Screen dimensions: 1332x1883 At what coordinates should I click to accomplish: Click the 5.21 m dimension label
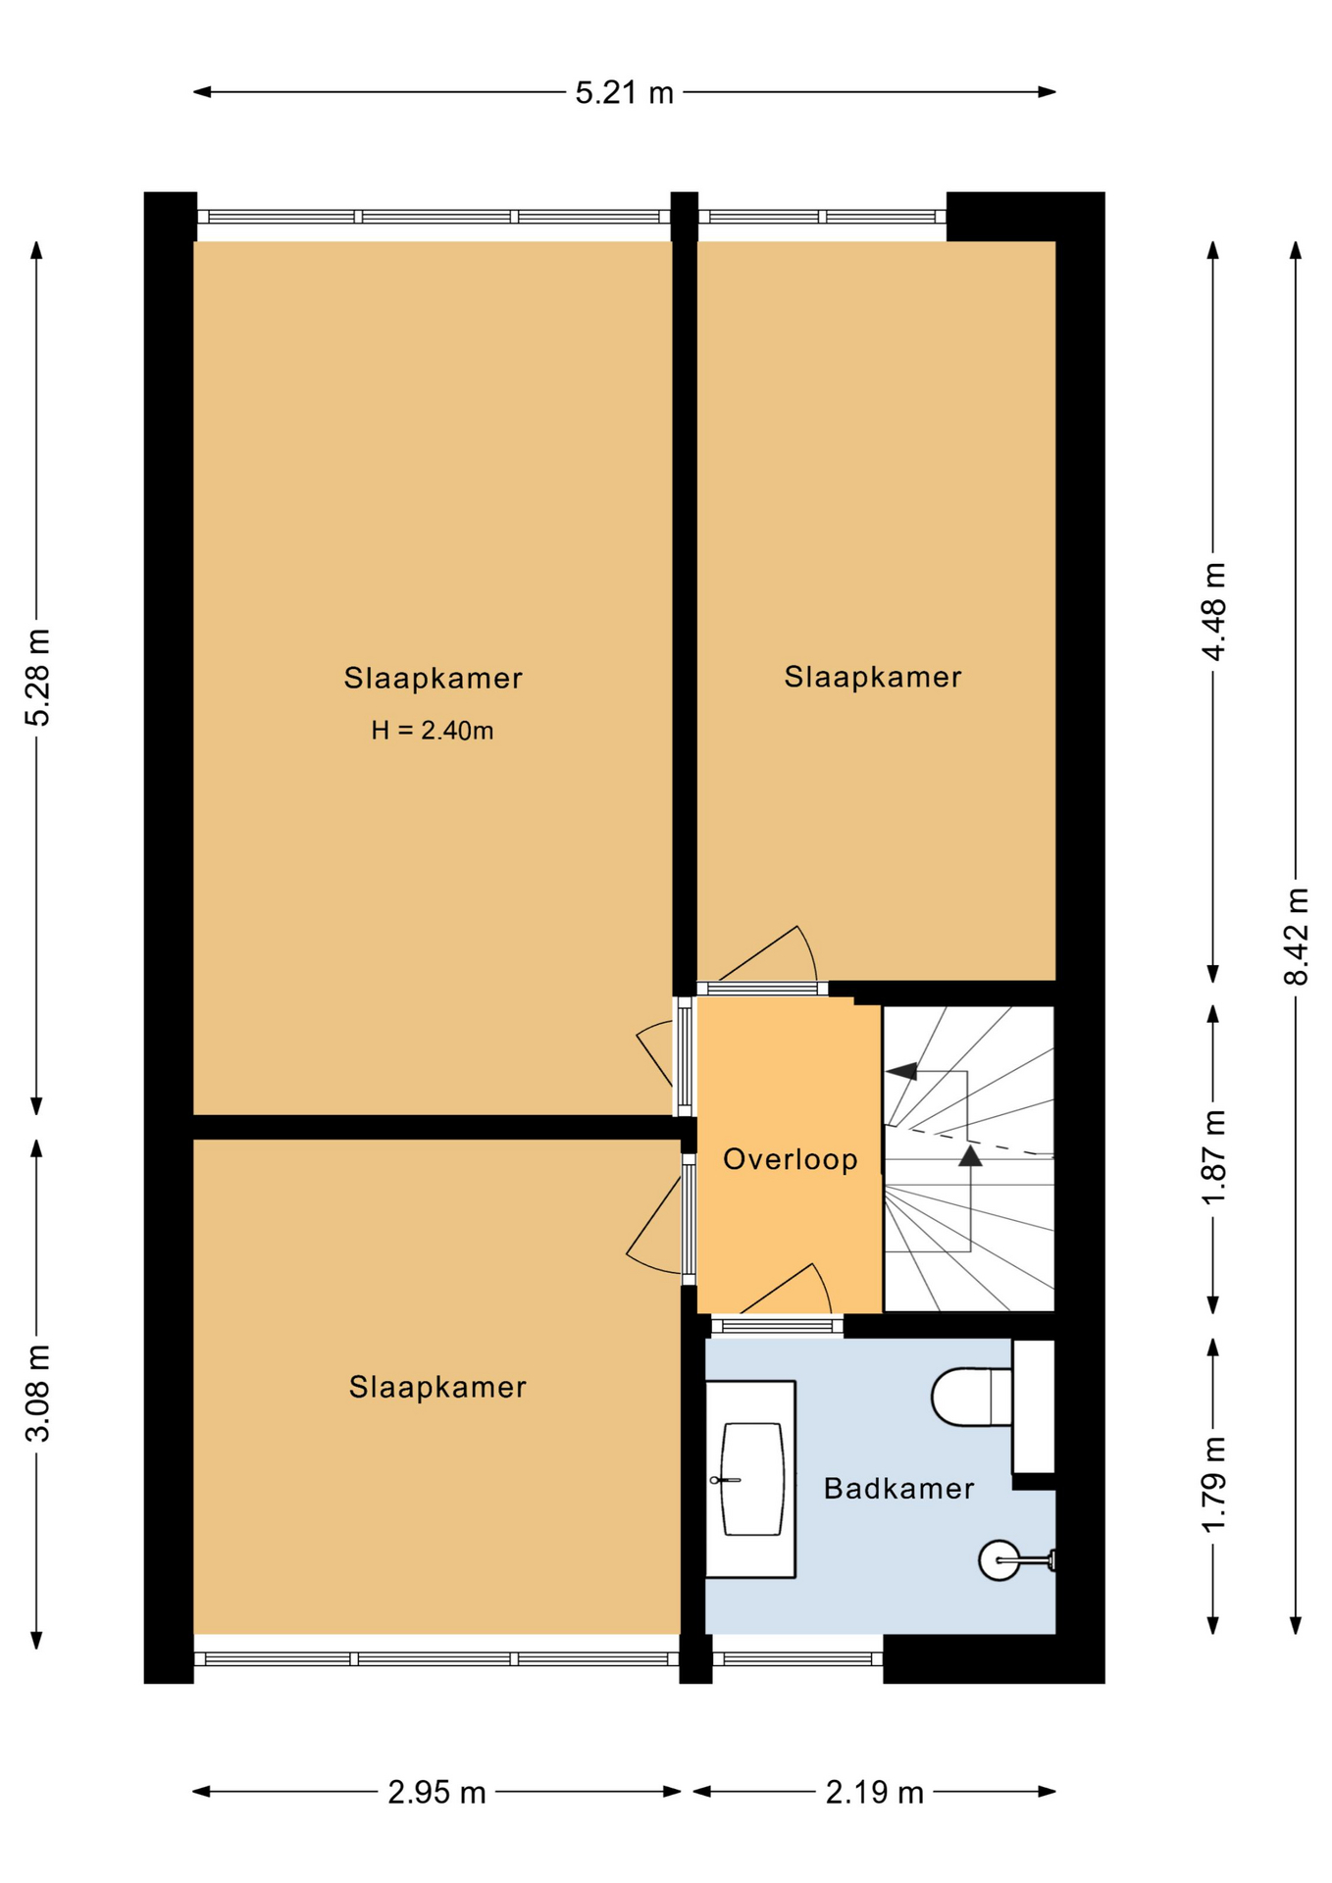click(x=624, y=93)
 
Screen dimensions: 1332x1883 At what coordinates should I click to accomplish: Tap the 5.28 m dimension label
click(x=37, y=678)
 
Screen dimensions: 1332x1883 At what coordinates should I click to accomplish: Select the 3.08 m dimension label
click(x=37, y=1393)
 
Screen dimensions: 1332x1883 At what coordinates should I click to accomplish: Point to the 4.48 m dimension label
click(x=1213, y=612)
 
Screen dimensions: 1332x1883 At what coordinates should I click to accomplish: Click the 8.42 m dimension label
click(x=1296, y=936)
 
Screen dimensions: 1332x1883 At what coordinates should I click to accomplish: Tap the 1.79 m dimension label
click(x=1213, y=1484)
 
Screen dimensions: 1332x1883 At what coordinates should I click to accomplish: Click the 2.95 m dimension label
click(x=436, y=1792)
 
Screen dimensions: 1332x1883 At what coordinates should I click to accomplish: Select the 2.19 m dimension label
click(x=874, y=1792)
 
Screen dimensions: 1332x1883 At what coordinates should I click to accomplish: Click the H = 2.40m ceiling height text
click(x=433, y=731)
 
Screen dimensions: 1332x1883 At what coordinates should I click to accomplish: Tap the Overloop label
click(x=791, y=1159)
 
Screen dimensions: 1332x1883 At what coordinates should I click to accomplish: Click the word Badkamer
click(x=898, y=1489)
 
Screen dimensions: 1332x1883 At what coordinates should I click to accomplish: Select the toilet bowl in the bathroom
click(x=971, y=1397)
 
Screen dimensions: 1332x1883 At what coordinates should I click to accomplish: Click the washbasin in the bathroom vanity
click(x=752, y=1479)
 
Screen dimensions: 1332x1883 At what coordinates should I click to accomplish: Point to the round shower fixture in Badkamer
click(x=999, y=1559)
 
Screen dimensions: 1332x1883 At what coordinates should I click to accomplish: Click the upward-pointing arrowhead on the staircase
click(x=970, y=1155)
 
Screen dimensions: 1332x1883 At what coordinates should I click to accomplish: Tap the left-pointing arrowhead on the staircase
click(x=901, y=1071)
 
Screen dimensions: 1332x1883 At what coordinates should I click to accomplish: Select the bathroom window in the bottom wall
click(x=797, y=1659)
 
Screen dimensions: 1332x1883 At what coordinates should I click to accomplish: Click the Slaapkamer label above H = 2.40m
click(x=433, y=678)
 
